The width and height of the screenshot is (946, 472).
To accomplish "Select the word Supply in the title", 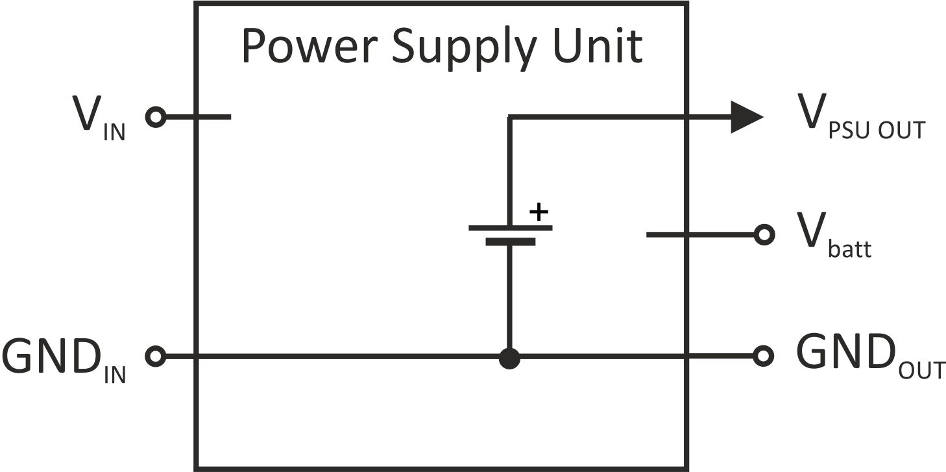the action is (x=464, y=50).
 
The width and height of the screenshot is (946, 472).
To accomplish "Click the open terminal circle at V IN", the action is (x=156, y=117).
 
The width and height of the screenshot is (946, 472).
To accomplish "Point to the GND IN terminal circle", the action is (x=156, y=356).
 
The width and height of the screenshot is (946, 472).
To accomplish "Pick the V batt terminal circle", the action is (x=764, y=234).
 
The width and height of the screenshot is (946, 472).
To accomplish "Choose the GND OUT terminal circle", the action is (x=763, y=356).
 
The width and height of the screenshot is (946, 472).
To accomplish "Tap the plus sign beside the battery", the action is (x=539, y=212).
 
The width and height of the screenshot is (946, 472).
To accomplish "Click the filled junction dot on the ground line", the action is (x=509, y=358).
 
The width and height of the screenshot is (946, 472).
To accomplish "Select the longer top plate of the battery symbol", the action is (x=510, y=228).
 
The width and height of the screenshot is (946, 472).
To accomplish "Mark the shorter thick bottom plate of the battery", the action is (x=511, y=242).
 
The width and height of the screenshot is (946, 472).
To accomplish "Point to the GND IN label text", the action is (x=64, y=360).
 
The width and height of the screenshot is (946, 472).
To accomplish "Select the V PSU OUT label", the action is (x=861, y=117).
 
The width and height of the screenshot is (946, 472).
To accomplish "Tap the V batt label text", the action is (x=834, y=236).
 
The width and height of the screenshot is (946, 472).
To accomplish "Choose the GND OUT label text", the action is (x=871, y=356).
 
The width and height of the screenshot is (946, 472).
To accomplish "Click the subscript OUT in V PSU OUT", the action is (x=902, y=130).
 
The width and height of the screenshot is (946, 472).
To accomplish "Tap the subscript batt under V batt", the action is (x=849, y=248).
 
